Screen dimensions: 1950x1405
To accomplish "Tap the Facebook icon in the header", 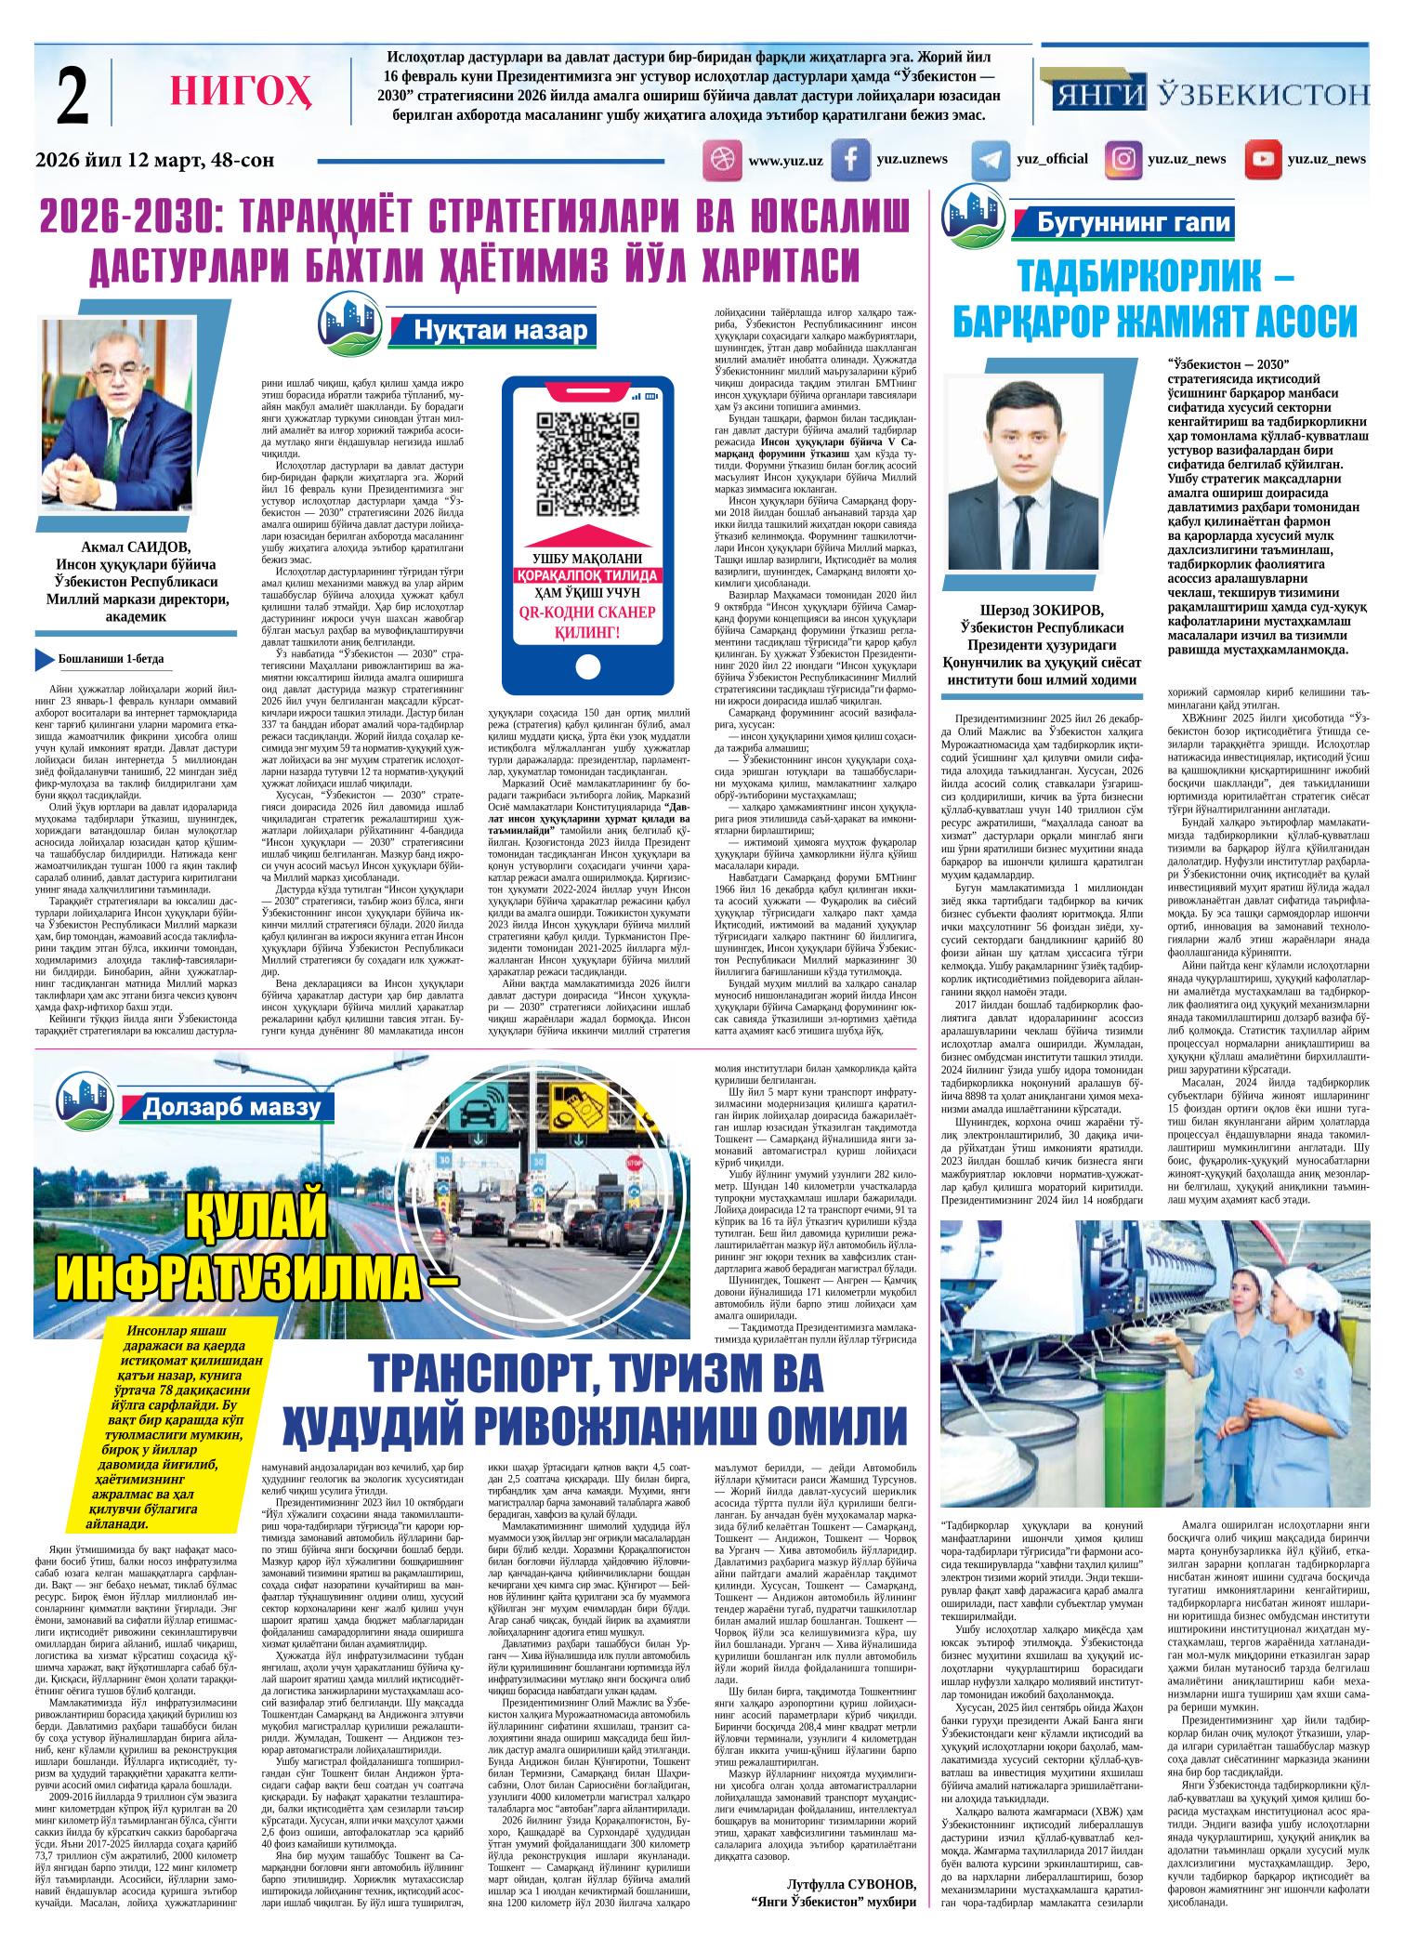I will (x=850, y=160).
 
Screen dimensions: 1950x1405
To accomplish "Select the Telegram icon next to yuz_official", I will (x=991, y=160).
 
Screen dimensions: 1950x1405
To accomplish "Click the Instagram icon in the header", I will (x=1123, y=160).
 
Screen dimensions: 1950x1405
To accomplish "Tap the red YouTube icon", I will (x=1263, y=160).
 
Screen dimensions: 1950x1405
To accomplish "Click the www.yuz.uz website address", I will (x=785, y=161).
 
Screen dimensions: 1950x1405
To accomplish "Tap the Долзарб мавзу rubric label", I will (x=232, y=1106).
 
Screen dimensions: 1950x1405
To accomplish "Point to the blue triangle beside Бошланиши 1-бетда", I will (x=43, y=658).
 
